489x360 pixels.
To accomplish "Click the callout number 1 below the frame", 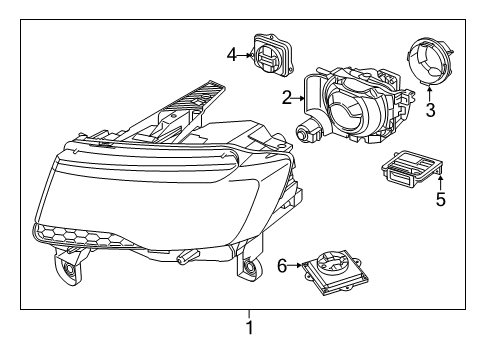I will (249, 327).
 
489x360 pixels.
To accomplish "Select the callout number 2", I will (286, 98).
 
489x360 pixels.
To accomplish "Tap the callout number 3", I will (430, 110).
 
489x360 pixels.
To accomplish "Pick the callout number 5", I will (439, 199).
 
